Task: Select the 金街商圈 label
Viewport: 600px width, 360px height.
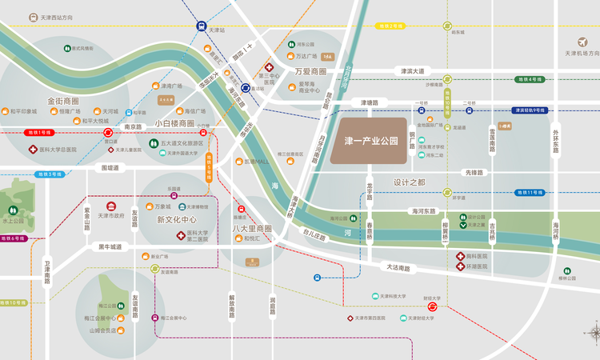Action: click(63, 102)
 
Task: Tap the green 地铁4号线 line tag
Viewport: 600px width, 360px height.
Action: click(530, 79)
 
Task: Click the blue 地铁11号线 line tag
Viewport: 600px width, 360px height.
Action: click(530, 192)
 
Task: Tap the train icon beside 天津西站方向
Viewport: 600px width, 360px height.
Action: click(30, 16)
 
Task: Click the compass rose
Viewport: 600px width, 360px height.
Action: click(593, 332)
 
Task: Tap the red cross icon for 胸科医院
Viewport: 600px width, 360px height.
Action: click(461, 257)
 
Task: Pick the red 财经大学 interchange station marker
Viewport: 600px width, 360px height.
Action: click(432, 306)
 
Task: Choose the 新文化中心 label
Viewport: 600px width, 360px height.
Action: click(176, 219)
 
